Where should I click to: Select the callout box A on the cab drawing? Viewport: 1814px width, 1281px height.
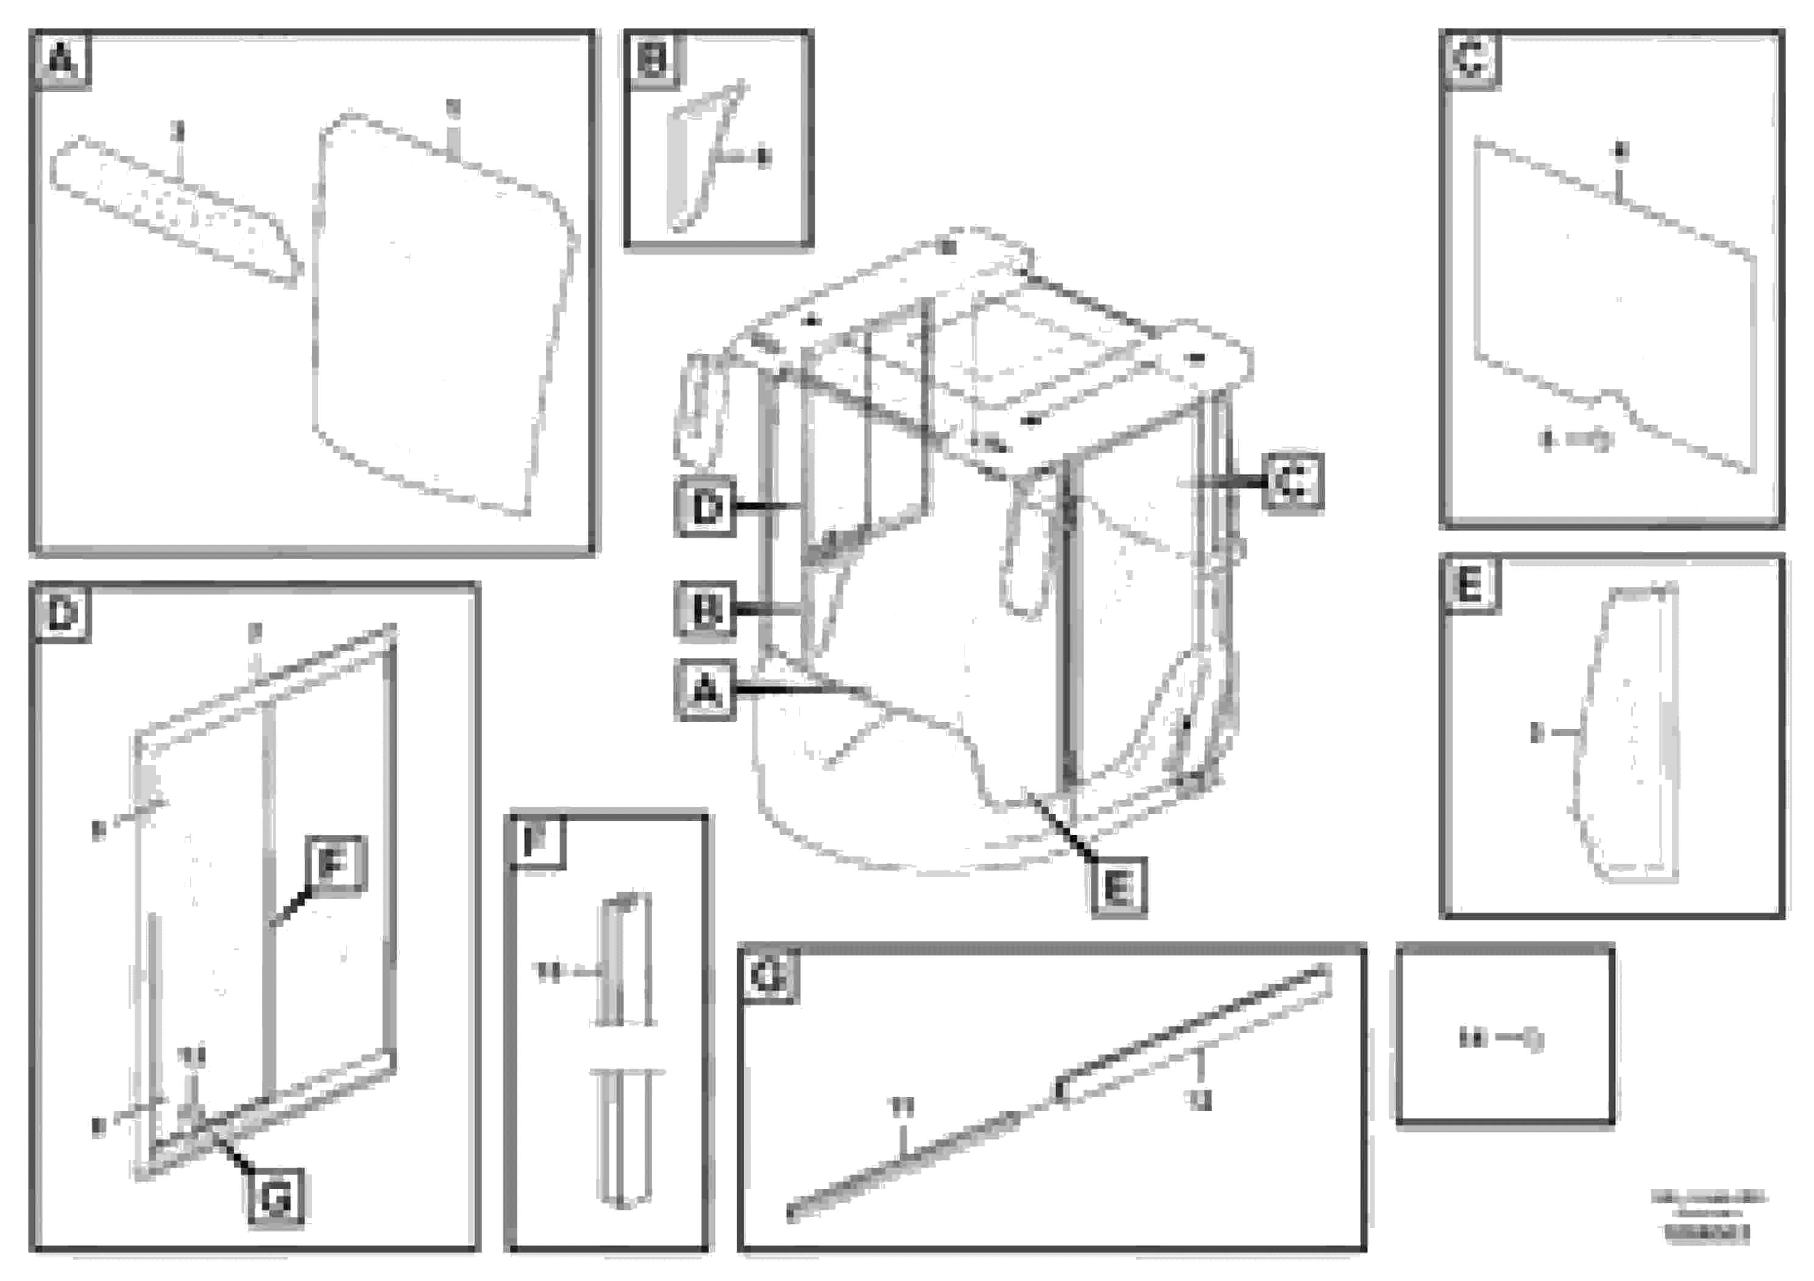[705, 690]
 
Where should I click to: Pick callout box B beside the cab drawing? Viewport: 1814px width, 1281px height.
[705, 609]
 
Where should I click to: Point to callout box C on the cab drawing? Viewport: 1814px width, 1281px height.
[1292, 481]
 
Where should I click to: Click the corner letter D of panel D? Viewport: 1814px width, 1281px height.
[62, 613]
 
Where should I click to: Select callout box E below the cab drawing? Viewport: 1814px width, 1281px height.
[1119, 888]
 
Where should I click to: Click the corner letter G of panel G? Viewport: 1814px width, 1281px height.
[768, 976]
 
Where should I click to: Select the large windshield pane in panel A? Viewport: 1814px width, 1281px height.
[442, 316]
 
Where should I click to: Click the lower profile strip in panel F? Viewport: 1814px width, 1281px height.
[624, 1137]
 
